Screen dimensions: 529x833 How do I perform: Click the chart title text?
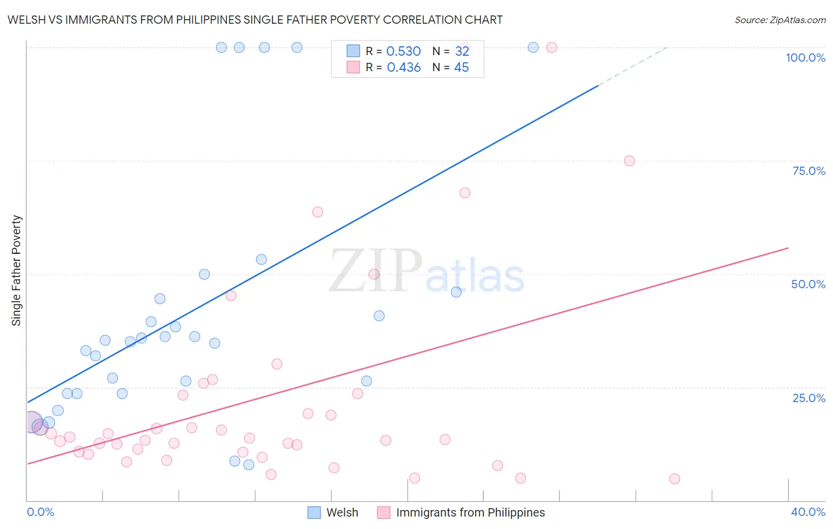point(255,20)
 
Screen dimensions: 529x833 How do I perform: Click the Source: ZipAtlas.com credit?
point(780,20)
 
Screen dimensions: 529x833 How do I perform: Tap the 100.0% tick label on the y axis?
point(805,58)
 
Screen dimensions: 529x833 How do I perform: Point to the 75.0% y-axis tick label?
point(809,171)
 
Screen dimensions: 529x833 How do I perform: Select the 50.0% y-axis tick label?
point(808,284)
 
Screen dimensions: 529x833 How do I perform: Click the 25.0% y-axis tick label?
point(809,398)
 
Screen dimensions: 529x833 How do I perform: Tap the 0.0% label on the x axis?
point(40,512)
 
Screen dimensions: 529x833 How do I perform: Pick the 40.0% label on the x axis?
point(808,512)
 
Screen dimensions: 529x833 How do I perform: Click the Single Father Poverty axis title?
point(17,270)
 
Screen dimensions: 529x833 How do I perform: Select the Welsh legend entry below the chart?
point(342,512)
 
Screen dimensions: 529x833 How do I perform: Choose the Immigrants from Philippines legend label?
point(470,512)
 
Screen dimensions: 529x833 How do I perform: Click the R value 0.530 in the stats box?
point(403,52)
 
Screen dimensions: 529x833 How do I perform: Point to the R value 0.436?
point(403,68)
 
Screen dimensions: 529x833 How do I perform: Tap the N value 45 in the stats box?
point(461,68)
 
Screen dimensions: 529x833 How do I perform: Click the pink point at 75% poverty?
point(629,161)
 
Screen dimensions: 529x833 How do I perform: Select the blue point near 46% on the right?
point(456,292)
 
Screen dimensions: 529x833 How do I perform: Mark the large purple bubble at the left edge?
point(32,422)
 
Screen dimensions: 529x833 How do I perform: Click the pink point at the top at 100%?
point(552,47)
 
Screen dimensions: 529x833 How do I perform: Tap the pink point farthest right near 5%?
point(674,479)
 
